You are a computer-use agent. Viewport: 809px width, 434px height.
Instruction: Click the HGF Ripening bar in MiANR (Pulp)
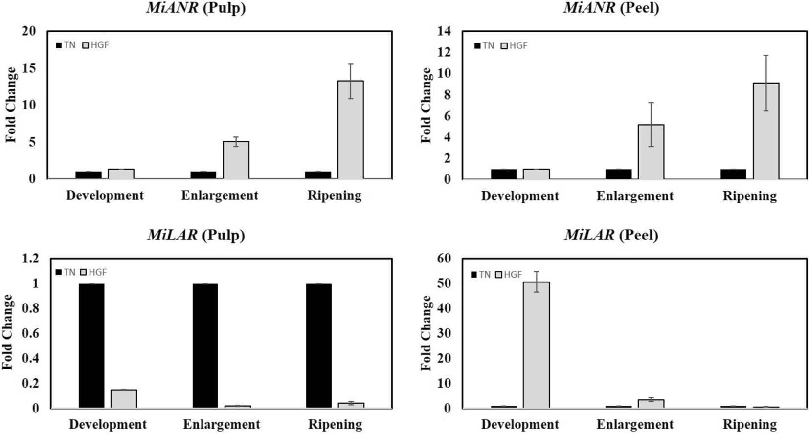pos(350,130)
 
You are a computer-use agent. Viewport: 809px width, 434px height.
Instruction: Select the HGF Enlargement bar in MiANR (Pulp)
pos(236,160)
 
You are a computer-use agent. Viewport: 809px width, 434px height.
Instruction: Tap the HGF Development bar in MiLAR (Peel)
pos(536,345)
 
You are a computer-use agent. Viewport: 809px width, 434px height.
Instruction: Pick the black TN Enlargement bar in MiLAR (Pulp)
pos(205,346)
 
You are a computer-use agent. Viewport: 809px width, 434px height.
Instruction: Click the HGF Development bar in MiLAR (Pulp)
pos(124,398)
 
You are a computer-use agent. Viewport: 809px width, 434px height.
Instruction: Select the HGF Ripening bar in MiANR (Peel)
pos(766,131)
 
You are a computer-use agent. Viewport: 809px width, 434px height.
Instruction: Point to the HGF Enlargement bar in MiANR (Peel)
pos(651,152)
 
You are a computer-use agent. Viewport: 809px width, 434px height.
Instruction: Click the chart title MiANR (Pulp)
pos(196,8)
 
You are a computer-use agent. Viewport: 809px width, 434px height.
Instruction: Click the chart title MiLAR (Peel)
pos(611,235)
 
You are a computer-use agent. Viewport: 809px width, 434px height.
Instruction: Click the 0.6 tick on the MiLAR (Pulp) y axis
pos(30,333)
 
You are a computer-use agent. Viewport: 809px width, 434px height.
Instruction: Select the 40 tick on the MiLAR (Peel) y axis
pos(446,308)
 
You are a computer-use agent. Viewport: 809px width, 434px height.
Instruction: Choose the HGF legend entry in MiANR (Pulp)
pos(95,45)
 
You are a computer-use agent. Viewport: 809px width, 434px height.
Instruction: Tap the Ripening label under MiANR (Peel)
pos(749,196)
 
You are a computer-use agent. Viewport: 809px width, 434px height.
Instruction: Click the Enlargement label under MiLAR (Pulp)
pos(221,424)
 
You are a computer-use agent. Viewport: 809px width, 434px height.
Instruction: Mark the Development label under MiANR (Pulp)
pos(105,195)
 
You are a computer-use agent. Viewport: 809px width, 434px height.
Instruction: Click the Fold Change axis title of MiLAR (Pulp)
pos(8,332)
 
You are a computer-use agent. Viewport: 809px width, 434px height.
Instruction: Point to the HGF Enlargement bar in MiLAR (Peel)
pos(651,404)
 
